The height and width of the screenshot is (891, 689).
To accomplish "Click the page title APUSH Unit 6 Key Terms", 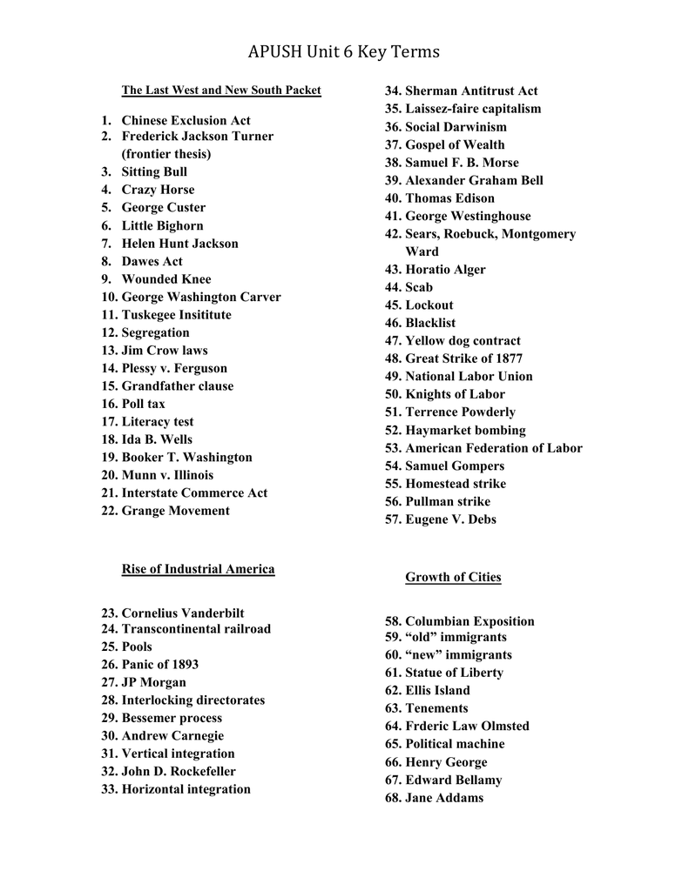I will tap(344, 52).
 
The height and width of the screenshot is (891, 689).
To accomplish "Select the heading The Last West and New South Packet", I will tap(221, 90).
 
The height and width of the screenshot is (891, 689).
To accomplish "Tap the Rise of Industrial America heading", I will tap(198, 569).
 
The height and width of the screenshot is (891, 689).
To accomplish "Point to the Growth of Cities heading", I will tap(453, 577).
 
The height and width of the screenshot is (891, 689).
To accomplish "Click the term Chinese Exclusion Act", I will tap(186, 120).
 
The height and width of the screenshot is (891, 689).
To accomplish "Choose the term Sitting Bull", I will tap(154, 172).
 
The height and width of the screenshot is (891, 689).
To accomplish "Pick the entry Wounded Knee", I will tap(166, 279).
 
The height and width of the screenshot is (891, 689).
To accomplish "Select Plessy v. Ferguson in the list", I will tap(174, 368).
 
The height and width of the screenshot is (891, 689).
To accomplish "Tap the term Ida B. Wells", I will tap(157, 439).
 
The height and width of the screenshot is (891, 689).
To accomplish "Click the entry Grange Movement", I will tap(175, 511).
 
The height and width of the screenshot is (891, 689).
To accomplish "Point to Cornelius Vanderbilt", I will tap(183, 613).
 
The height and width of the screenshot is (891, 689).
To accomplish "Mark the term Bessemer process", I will tap(172, 718).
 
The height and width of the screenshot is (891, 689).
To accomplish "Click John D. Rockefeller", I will tap(179, 772).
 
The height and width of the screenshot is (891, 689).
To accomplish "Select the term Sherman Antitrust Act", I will tap(471, 90).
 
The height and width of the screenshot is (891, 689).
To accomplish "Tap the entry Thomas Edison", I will tap(449, 198).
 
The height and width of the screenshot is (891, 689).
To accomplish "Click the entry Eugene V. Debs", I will tap(450, 519).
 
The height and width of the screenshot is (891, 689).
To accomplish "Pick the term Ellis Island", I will tap(437, 690).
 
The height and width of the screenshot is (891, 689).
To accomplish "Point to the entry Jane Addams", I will tap(444, 798).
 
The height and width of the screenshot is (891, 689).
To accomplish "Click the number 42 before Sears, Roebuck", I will tap(392, 234).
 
